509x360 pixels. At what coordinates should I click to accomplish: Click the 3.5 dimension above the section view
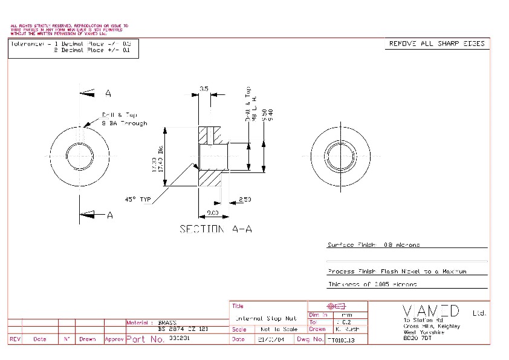coord(204,89)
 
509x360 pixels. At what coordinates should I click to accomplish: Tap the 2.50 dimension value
coord(245,199)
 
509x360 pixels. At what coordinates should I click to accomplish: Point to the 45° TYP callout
coord(137,198)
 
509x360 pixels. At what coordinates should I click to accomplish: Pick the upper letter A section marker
coord(108,93)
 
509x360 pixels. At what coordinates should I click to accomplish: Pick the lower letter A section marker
coord(109,215)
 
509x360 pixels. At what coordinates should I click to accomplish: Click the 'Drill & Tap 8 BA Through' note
coord(124,119)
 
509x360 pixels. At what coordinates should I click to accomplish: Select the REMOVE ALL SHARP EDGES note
coord(436,44)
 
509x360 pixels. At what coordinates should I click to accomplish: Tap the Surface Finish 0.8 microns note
coord(374,245)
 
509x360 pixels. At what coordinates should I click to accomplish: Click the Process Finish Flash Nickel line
coord(397,272)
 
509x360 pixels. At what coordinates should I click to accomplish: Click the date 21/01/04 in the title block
coord(270,339)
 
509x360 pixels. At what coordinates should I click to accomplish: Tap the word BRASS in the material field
coord(167,322)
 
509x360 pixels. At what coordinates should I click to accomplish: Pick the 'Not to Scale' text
coord(279,329)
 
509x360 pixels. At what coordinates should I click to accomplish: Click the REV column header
coord(16,339)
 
